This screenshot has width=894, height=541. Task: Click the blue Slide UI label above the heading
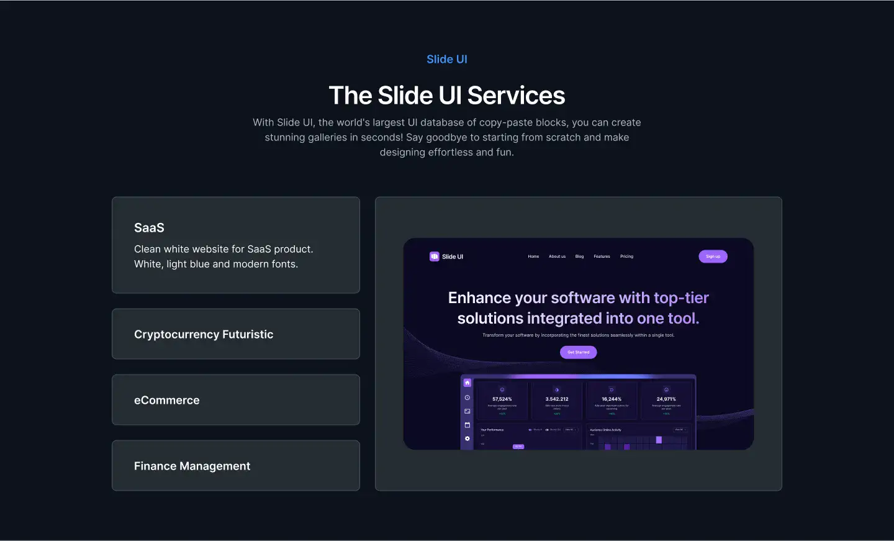pos(447,60)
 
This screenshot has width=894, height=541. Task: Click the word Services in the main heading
pos(516,96)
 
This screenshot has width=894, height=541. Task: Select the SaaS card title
pos(149,228)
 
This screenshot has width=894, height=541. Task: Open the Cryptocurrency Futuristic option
pos(204,334)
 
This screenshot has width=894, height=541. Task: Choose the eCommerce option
pos(167,400)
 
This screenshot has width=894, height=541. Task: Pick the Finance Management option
pos(192,466)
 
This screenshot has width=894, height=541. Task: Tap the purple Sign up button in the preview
pos(713,257)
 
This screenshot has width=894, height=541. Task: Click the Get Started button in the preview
pos(578,352)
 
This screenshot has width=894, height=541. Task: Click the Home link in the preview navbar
pos(533,257)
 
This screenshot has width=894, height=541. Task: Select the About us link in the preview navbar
pos(557,257)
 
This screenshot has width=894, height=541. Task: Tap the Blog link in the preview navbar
pos(579,257)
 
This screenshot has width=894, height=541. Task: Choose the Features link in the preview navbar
pos(602,257)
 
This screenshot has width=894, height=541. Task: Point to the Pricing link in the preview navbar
pos(626,257)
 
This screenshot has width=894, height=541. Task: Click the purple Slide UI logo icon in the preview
pos(435,257)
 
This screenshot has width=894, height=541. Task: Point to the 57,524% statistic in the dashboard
pos(502,399)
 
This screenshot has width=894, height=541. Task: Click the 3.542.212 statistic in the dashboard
pos(557,399)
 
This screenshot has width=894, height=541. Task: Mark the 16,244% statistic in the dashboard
pos(612,399)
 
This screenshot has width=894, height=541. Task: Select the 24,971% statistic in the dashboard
pos(666,399)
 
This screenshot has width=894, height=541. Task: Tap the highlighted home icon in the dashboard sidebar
pos(467,383)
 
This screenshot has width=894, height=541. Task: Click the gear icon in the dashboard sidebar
pos(467,439)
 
